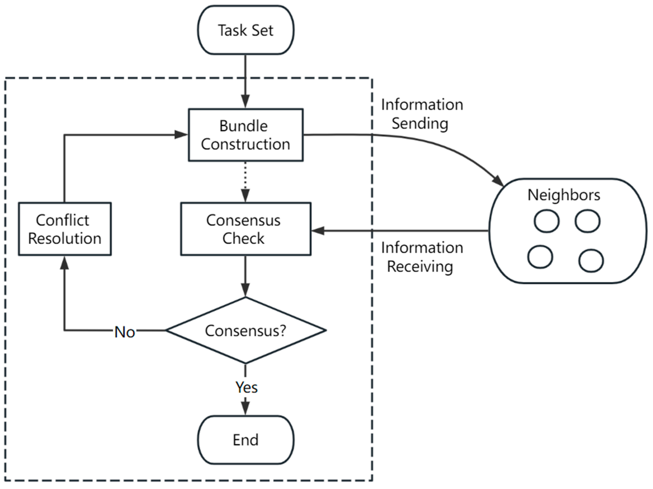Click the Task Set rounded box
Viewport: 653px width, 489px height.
coord(246,30)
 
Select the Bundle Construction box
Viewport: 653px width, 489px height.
coord(246,135)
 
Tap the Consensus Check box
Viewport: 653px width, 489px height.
coord(246,229)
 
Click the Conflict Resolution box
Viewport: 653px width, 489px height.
coord(65,229)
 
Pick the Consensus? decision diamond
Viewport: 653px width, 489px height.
coord(246,330)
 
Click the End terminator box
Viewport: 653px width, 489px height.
coord(246,440)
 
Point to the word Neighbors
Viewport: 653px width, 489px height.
coord(564,195)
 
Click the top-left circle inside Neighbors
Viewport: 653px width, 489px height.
coord(546,221)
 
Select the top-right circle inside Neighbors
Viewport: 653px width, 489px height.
coord(587,221)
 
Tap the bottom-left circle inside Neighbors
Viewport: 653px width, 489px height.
coord(540,257)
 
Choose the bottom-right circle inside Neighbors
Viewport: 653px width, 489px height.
coord(591,261)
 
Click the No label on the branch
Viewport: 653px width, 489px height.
coord(125,332)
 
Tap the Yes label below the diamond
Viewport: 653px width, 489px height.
coord(246,387)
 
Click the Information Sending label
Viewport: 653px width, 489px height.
coord(422,114)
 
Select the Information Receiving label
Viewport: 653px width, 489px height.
coord(422,257)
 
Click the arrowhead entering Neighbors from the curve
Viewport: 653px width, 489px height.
coord(498,181)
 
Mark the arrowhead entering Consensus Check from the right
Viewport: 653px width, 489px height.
coord(318,231)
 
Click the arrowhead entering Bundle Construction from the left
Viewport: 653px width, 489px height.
coord(181,135)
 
